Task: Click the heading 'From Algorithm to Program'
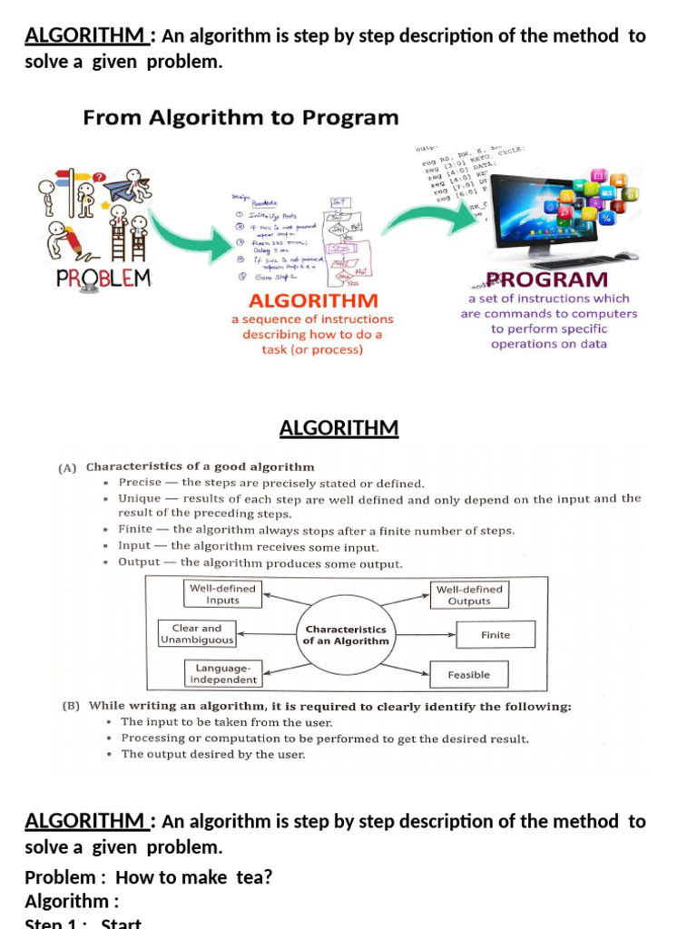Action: click(241, 117)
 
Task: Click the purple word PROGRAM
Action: click(547, 279)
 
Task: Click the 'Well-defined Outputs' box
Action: click(468, 595)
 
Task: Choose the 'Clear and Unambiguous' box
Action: click(197, 633)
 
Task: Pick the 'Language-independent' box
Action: click(222, 673)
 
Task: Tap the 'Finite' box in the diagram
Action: click(496, 635)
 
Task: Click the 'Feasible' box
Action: click(468, 675)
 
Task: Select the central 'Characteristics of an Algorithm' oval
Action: click(346, 635)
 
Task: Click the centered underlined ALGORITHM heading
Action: click(339, 427)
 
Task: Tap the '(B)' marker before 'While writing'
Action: click(69, 707)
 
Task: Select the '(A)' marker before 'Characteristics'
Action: click(67, 468)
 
